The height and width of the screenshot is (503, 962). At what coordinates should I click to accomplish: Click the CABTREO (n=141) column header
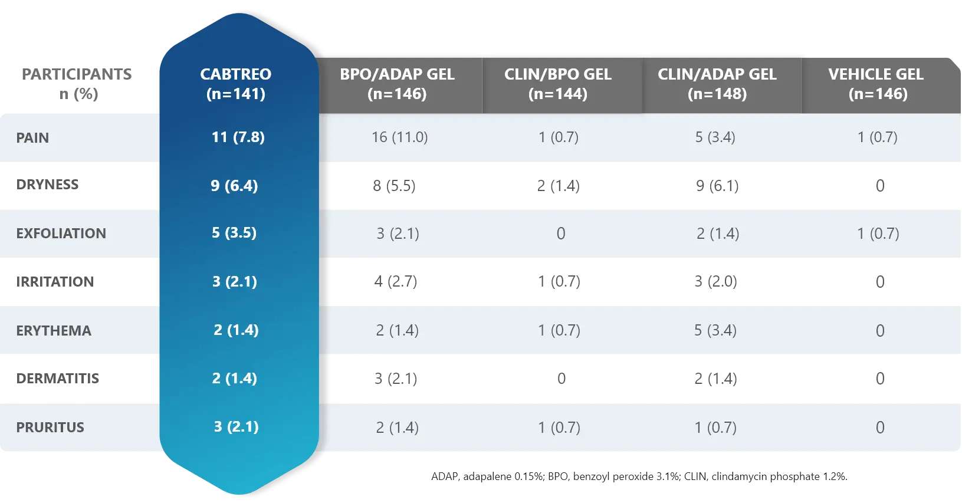(236, 84)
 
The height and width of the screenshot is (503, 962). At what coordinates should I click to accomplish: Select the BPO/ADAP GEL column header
(397, 84)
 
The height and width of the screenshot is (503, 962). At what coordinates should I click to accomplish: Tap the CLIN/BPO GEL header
(558, 84)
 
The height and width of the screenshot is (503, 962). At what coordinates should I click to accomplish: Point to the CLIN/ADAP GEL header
(717, 84)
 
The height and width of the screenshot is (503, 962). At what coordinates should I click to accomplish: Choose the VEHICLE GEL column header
(876, 84)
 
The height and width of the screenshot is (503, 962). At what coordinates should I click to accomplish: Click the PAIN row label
(32, 138)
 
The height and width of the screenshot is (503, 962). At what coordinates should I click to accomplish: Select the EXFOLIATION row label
(61, 234)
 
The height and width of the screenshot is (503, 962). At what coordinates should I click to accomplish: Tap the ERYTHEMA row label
(54, 331)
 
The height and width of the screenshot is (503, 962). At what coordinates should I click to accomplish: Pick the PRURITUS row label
(50, 428)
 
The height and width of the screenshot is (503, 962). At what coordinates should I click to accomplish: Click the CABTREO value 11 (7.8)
(238, 137)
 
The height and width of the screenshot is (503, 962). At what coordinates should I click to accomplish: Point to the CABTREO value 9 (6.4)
(234, 186)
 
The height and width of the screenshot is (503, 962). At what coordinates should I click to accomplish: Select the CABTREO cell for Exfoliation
(234, 233)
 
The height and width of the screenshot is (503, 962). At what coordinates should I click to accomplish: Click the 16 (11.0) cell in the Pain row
(399, 137)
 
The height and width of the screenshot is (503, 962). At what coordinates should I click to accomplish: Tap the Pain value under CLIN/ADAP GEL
(715, 137)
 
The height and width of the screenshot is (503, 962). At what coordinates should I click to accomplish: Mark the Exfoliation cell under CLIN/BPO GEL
(560, 234)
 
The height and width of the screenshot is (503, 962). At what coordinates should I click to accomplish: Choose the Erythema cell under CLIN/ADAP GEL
(715, 331)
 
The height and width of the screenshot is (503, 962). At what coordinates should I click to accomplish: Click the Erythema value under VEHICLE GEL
(879, 331)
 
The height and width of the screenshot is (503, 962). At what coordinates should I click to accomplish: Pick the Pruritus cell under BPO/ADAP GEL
(397, 428)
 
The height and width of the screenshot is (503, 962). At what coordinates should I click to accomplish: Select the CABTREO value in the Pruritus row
(236, 427)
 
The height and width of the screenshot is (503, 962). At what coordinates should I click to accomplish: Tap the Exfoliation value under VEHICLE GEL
(878, 234)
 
